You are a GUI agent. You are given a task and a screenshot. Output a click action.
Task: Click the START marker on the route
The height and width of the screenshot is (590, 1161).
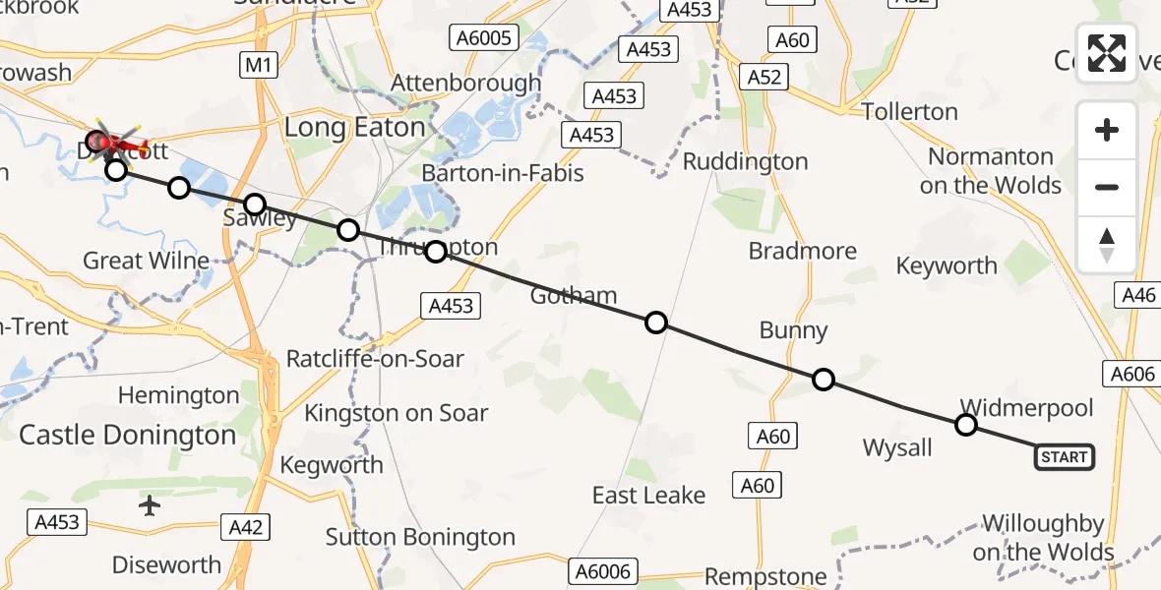point(1065,456)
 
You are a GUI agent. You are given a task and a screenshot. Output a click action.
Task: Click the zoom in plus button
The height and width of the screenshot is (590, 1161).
point(1107,131)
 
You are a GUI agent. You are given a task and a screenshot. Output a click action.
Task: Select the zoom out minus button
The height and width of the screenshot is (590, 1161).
point(1107,187)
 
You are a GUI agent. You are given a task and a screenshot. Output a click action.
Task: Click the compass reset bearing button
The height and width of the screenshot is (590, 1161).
point(1107,245)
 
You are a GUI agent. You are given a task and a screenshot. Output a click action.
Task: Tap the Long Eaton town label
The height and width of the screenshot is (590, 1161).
point(354,127)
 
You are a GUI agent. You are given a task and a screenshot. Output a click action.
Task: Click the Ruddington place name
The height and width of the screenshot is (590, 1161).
point(745,161)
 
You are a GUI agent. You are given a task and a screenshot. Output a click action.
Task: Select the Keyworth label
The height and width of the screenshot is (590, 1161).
point(947,265)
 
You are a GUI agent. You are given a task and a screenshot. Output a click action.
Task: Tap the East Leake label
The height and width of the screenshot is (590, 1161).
point(648,495)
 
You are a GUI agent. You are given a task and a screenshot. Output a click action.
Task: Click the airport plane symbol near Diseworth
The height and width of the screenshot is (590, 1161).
point(150,505)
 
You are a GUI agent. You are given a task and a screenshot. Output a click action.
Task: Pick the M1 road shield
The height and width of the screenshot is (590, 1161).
point(260,66)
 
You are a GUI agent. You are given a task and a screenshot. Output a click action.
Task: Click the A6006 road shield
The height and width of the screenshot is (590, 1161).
point(604,570)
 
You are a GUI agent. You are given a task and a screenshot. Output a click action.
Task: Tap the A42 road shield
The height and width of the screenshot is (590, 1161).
point(245,527)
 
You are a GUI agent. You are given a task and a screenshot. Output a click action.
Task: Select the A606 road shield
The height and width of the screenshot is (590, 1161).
point(1132,373)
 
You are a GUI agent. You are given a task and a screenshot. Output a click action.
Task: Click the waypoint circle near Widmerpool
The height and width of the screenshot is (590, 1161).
point(966,425)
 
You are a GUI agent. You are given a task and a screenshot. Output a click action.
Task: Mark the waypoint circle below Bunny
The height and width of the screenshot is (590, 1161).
point(824,380)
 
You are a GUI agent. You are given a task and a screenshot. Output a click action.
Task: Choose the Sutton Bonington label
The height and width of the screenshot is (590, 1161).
point(420,537)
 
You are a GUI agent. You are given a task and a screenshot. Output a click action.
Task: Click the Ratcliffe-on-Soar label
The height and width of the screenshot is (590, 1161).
point(375,359)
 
